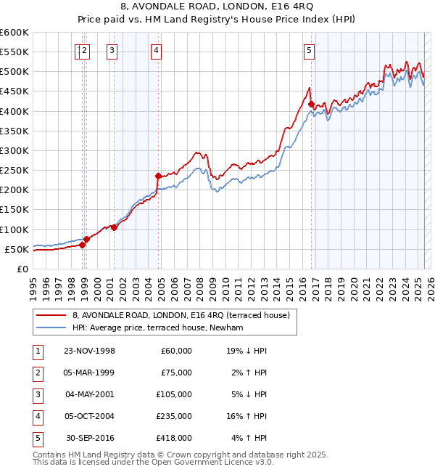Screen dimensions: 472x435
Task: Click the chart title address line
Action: tap(217, 7)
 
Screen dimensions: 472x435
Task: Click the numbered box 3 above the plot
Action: tap(112, 50)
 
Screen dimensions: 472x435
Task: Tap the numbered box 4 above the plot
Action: tap(157, 50)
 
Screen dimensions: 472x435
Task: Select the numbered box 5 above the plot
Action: tap(310, 50)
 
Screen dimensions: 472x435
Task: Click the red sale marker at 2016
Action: tap(311, 105)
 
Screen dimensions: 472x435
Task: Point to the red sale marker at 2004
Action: tap(158, 176)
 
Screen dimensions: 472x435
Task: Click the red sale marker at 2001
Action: tap(114, 227)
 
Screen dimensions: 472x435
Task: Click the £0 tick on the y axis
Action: tap(22, 269)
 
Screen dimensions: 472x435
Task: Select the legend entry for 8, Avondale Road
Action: tap(181, 315)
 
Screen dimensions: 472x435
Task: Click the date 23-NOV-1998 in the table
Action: tap(90, 351)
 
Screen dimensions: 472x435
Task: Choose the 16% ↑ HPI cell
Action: tap(246, 416)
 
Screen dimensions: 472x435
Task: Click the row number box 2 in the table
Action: tap(36, 373)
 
